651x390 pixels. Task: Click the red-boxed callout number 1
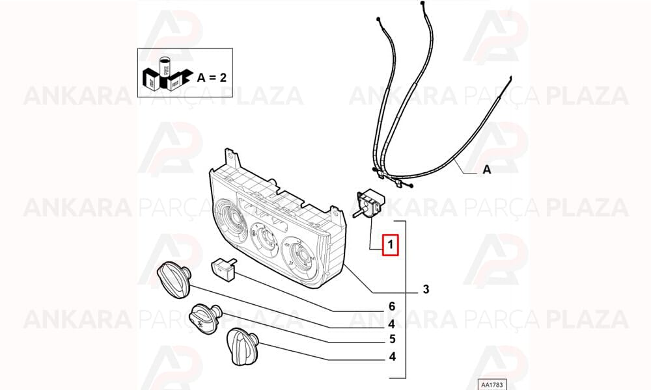tap(390, 245)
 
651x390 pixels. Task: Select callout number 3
tap(426, 289)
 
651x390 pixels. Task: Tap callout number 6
tap(392, 306)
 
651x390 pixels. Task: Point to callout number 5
tap(393, 339)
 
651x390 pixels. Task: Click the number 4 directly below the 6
tap(391, 323)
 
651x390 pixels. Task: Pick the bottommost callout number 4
tap(393, 356)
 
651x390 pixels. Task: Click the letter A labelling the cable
tap(486, 169)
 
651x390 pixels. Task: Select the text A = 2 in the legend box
tap(212, 77)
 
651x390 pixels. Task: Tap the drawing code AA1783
tap(492, 385)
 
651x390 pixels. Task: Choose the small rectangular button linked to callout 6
tap(225, 268)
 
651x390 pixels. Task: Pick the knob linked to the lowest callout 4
tap(242, 347)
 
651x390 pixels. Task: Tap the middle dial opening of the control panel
tap(265, 238)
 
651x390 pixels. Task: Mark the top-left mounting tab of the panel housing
tap(232, 158)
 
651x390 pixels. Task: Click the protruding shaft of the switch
tap(357, 214)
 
